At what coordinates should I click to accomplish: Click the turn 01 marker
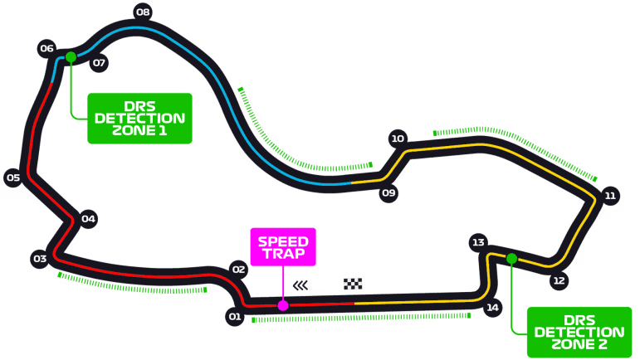tap(234, 316)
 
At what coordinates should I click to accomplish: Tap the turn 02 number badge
tap(239, 269)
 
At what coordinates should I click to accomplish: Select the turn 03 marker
tap(39, 259)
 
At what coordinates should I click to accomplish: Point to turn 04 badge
tap(88, 219)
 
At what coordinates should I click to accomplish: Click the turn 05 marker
tap(13, 178)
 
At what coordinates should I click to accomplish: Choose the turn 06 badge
tap(46, 48)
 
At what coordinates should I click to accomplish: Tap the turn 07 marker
tap(99, 62)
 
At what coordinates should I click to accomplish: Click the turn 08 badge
tap(143, 12)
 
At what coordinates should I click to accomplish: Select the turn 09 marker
tap(388, 193)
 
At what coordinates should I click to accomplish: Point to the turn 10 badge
tap(398, 139)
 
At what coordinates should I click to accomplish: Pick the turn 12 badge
tap(559, 280)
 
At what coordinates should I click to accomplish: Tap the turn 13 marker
tap(477, 242)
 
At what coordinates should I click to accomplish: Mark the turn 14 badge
tap(493, 308)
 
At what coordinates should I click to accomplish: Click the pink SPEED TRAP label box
tap(283, 246)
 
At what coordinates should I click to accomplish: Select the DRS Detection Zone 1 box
tap(139, 118)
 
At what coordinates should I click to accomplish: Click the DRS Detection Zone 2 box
tap(579, 332)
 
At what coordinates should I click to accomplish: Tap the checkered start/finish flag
tap(354, 284)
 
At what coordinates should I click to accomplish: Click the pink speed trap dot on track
tap(283, 305)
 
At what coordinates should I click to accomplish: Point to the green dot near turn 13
tap(511, 259)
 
